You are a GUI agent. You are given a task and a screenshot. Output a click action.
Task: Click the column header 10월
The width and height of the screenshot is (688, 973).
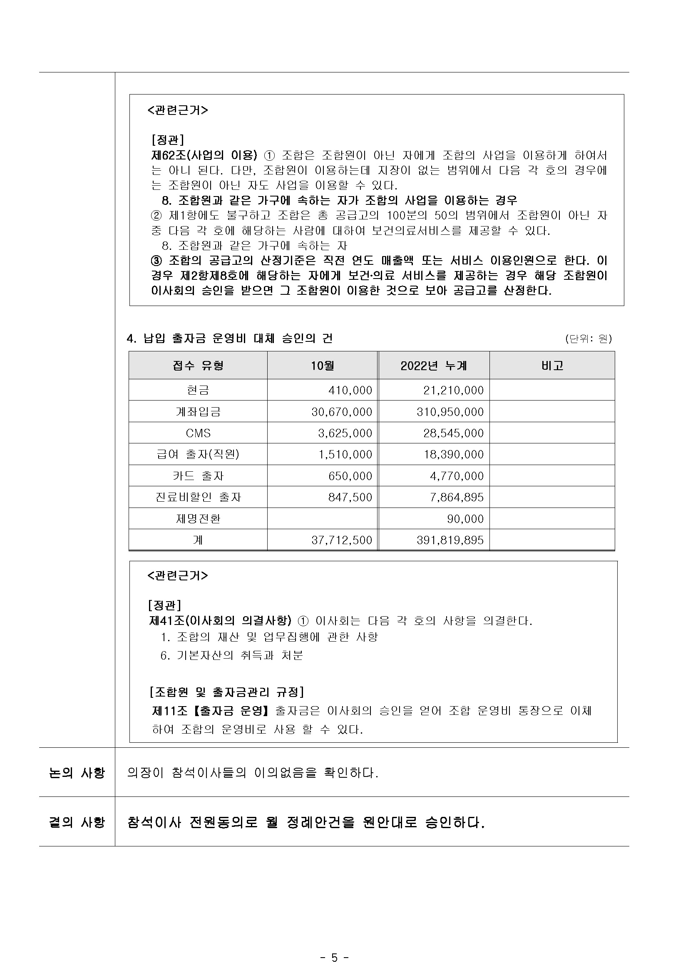323,366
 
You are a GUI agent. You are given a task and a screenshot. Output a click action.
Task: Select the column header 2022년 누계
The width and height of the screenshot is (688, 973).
433,366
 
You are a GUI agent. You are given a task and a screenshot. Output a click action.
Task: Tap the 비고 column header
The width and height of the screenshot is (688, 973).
552,366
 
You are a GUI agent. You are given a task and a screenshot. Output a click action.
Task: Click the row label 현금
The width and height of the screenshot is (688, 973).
198,390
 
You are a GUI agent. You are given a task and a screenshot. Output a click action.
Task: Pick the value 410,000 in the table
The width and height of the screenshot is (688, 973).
350,390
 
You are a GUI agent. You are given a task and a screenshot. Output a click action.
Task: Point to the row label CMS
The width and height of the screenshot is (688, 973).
198,433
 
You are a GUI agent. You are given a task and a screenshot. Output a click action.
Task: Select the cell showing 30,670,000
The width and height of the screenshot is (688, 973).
341,412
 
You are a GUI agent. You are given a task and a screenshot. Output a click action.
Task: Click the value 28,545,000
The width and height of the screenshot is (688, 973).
453,433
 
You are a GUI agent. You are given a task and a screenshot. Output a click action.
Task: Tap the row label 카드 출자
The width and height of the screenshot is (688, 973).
198,476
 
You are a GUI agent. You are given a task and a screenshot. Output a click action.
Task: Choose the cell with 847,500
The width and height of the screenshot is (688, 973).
350,497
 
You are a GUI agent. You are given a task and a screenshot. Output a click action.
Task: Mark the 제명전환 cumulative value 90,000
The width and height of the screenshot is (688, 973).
465,519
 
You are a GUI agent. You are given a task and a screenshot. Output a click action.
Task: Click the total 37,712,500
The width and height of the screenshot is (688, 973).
341,540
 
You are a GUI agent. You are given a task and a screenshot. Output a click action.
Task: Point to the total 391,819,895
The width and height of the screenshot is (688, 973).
450,540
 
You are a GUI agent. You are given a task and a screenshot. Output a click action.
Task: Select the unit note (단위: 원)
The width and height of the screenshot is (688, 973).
588,338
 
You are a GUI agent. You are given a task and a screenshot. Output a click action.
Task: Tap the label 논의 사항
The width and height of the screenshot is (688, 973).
77,773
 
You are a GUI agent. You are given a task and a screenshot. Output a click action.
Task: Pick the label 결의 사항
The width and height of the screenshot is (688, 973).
77,823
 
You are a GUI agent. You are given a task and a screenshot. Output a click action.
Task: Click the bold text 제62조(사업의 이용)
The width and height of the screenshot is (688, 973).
204,155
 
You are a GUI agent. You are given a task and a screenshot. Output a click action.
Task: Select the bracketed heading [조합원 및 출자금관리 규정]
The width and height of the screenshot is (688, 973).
227,692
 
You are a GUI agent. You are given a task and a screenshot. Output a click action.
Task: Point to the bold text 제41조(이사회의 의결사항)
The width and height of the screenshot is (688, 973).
220,621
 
